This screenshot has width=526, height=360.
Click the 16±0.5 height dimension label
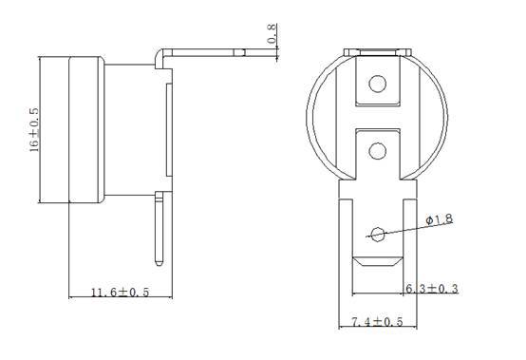34,130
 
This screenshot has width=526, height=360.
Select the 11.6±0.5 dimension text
120,292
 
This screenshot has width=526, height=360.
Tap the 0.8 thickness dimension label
272,33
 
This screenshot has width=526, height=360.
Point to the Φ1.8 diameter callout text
440,219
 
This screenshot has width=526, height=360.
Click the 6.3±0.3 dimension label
432,288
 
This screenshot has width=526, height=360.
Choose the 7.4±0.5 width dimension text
377,322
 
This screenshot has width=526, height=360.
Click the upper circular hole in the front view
377,84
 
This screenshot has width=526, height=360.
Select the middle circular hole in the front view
377,151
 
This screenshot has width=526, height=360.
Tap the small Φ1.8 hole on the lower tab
378,235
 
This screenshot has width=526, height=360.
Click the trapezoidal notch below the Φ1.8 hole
377,262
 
